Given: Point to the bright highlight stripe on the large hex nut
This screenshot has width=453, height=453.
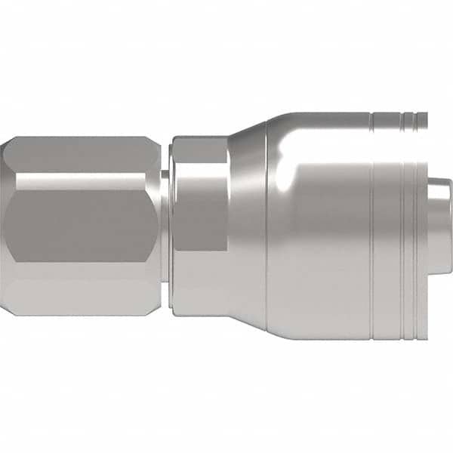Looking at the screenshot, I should point(83,181).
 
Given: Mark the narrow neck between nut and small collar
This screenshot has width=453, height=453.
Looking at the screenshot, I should point(165,226).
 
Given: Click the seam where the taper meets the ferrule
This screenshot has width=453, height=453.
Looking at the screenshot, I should point(267,226).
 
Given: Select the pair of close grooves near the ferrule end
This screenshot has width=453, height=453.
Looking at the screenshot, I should point(408,242).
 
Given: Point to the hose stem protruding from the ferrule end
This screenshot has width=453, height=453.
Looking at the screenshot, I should point(438,226).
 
